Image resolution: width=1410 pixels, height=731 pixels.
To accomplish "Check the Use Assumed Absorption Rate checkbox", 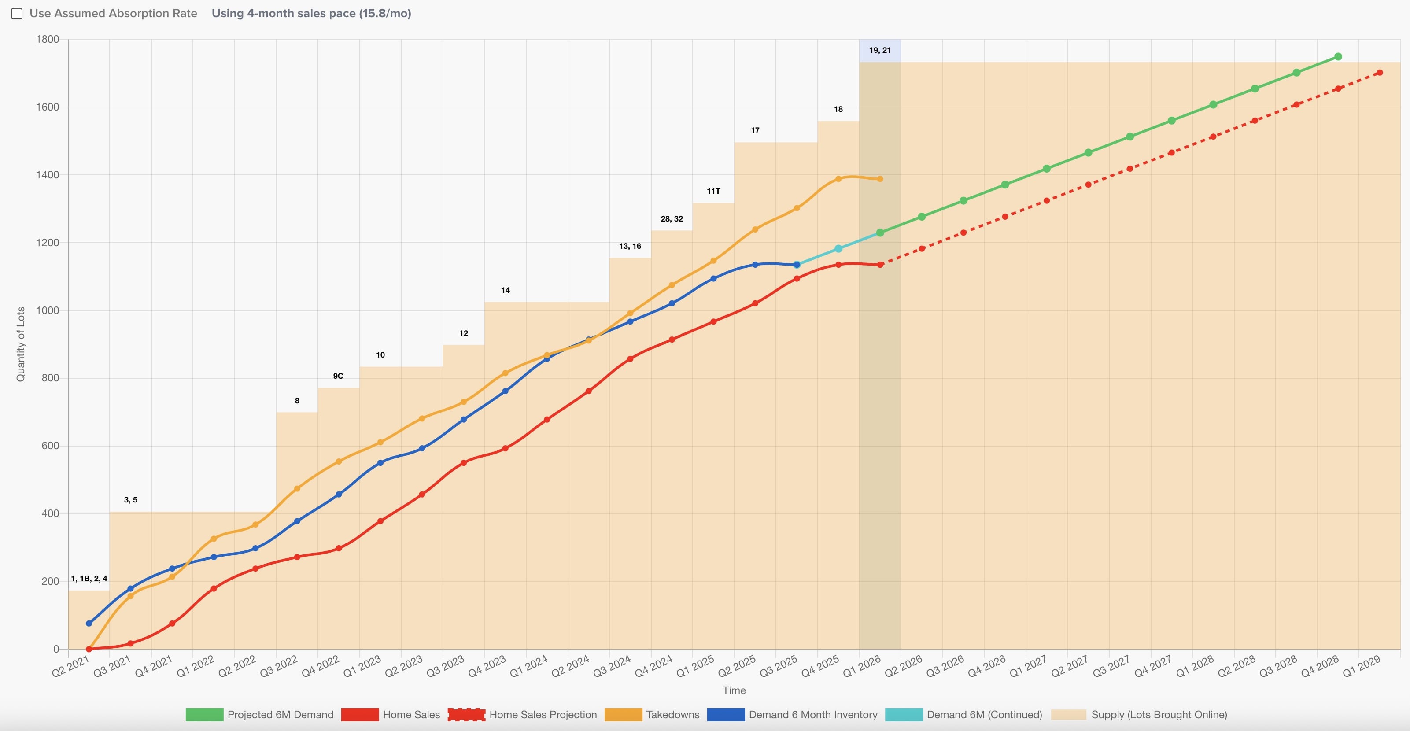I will click(17, 14).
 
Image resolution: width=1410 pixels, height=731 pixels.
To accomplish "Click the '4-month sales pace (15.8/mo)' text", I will click(329, 14).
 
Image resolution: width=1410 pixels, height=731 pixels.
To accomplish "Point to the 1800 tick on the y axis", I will click(48, 40).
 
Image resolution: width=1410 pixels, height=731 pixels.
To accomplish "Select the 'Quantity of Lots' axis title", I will click(21, 344).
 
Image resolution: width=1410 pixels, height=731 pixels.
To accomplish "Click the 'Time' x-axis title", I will click(734, 690).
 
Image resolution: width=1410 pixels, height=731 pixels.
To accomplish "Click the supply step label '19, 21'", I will click(880, 50).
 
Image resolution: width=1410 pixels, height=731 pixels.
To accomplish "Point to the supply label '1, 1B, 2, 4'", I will click(89, 579).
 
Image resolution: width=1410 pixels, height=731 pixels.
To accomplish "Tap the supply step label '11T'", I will click(713, 191).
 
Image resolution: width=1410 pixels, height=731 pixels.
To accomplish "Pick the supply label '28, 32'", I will click(672, 219).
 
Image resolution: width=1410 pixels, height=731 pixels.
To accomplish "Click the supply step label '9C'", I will click(338, 376).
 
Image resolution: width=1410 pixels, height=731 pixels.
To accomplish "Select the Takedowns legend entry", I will click(652, 715).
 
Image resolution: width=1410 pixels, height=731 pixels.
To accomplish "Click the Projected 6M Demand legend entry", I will click(259, 715).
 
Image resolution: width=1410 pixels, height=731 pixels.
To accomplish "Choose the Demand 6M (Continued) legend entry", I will click(963, 715).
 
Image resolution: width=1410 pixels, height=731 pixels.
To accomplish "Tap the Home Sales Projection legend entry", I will click(522, 715).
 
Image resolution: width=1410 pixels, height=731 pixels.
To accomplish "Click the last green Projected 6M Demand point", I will click(1338, 57).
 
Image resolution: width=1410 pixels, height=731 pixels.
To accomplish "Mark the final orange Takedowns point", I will click(880, 179).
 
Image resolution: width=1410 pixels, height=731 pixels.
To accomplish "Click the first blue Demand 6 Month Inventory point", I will click(89, 624).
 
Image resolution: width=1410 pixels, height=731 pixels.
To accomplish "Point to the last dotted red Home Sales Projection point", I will click(1379, 73).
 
